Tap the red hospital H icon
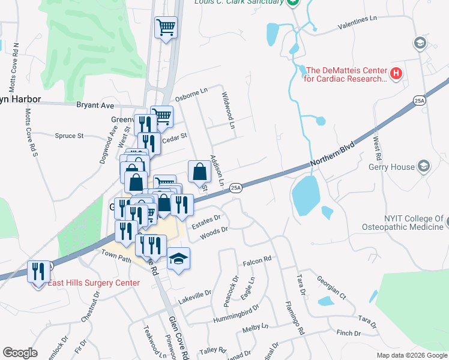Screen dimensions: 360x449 click(x=396, y=74)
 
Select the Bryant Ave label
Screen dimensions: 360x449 click(x=95, y=105)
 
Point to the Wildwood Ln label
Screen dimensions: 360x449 click(x=228, y=110)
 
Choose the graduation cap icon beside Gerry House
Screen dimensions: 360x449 click(x=424, y=166)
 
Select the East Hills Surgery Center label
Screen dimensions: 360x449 click(x=94, y=283)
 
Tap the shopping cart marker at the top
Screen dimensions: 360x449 click(x=166, y=27)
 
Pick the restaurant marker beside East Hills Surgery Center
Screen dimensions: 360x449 click(x=39, y=271)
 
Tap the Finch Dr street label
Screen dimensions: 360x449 click(x=348, y=333)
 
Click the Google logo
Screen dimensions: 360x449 click(x=20, y=353)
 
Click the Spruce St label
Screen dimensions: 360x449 click(x=69, y=136)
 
